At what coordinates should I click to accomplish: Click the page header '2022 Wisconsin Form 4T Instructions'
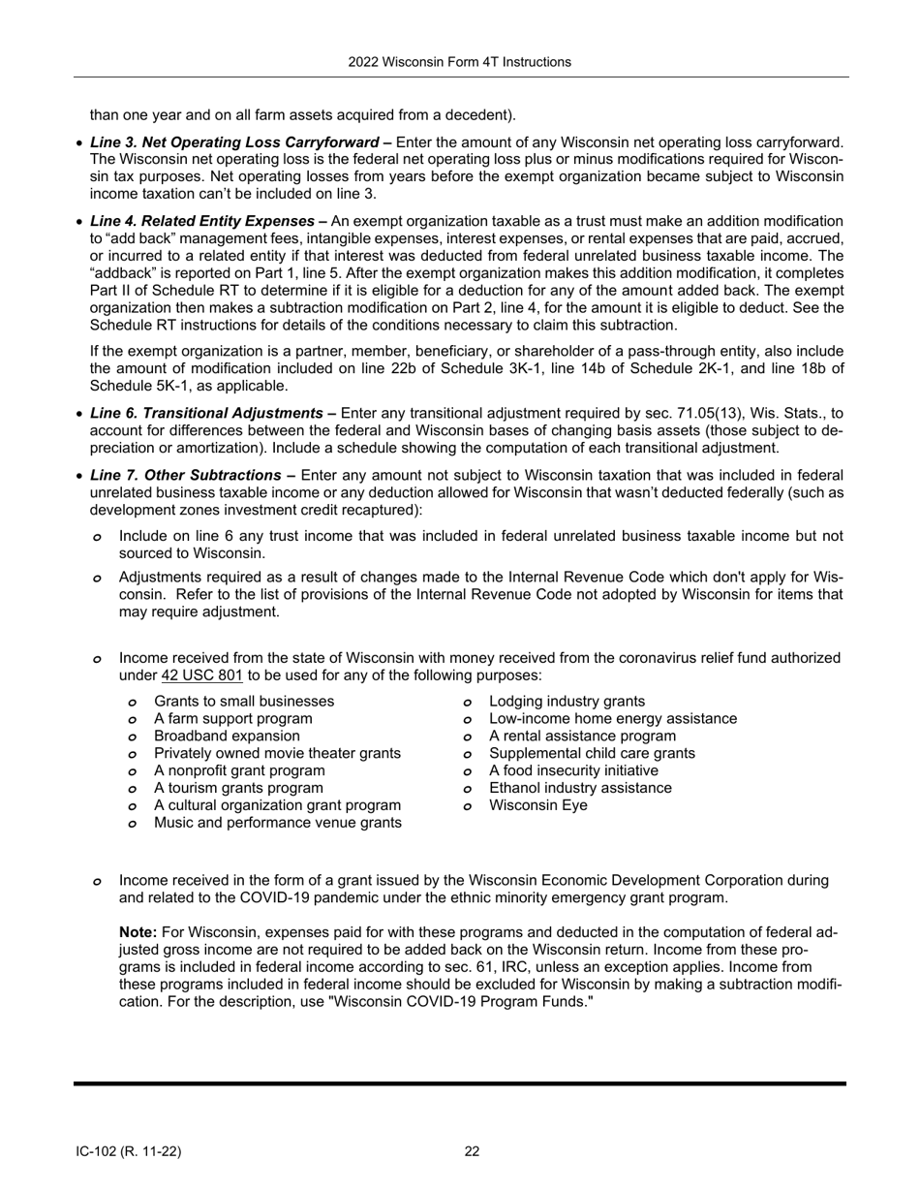[459, 62]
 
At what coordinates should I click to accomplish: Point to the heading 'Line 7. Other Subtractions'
[193, 475]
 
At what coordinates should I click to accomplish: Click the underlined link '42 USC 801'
[201, 675]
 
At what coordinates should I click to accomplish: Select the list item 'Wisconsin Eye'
[537, 805]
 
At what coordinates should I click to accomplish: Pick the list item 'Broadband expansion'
[227, 736]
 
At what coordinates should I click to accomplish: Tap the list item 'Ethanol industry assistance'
[580, 788]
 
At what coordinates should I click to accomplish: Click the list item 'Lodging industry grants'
[567, 701]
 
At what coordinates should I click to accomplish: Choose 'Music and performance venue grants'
[277, 823]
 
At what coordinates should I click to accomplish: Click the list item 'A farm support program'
[232, 718]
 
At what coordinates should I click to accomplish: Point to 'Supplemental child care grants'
[592, 753]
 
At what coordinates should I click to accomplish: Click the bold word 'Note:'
[138, 932]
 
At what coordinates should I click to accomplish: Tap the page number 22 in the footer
[472, 1151]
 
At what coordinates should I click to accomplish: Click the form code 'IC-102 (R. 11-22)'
[129, 1151]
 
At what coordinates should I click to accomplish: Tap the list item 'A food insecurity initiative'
[573, 770]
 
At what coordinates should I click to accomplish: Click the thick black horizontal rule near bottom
[459, 1083]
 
